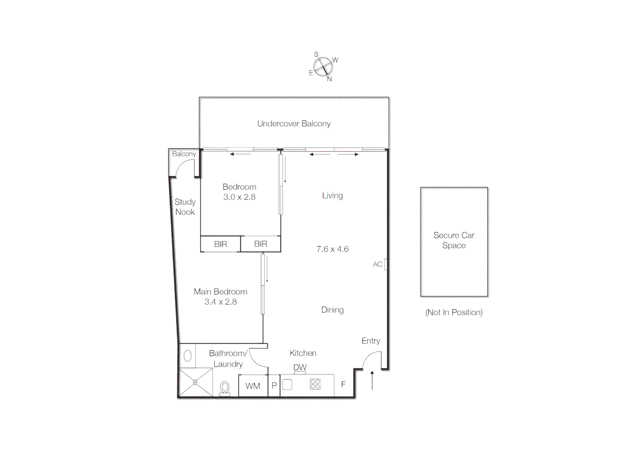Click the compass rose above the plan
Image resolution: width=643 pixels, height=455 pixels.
pos(323,67)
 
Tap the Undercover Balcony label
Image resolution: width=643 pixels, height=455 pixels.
pos(294,123)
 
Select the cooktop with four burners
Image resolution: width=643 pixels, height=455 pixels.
pos(315,384)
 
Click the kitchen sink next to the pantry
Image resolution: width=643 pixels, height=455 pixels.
pos(287,385)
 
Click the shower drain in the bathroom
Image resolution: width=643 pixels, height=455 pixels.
pos(195,382)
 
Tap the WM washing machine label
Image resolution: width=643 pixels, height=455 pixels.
pos(253,386)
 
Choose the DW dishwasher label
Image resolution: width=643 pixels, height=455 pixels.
pos(300,367)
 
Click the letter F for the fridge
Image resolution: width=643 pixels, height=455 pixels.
pos(343,384)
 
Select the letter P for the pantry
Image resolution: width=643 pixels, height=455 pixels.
pos(274,385)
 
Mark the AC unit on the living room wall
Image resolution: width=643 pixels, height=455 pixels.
pos(385,264)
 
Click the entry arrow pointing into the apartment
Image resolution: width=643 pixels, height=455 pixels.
pos(372,380)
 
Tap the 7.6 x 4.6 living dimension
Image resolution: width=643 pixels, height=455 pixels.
pos(332,249)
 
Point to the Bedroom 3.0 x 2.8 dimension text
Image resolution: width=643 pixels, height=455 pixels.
pos(239,197)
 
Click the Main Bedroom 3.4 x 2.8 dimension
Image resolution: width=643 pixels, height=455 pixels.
pos(221,302)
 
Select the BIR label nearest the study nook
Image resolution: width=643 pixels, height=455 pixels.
pos(221,244)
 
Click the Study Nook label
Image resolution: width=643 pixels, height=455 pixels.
pos(185,207)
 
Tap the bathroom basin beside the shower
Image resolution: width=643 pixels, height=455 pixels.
pos(188,356)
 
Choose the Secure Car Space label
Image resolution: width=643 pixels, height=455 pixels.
pos(454,240)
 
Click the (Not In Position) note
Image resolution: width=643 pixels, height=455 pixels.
pos(454,312)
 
